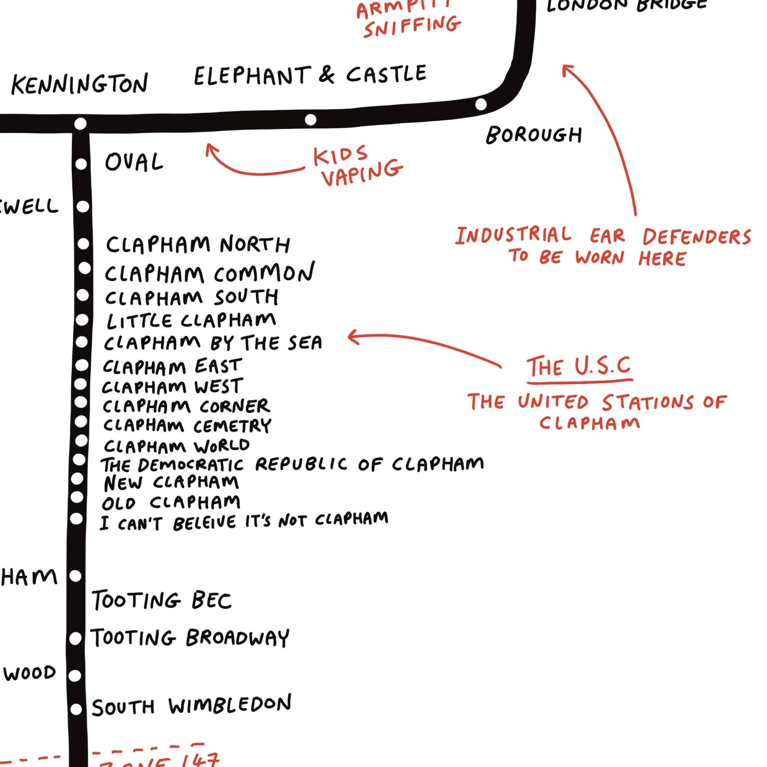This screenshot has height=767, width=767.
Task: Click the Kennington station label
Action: coord(80,84)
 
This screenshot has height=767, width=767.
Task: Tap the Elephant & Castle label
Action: coord(310,75)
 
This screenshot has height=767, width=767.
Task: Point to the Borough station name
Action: coord(534,135)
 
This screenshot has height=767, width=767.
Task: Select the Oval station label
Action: coord(134,162)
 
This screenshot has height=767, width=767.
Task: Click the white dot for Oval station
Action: coord(81,164)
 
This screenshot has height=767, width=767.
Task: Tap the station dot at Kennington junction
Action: coord(80,124)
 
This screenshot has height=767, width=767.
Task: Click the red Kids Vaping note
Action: coord(357,165)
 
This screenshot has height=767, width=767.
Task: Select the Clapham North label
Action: coord(198,245)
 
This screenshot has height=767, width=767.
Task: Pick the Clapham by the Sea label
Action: coord(213,343)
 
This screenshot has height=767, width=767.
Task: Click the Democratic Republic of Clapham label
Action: coord(292,464)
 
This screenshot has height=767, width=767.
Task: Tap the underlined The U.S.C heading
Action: coord(579,367)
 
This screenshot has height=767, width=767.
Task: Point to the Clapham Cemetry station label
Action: coord(187,426)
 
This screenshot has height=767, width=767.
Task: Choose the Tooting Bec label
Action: coord(162,600)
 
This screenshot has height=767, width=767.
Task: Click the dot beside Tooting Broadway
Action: coord(75,638)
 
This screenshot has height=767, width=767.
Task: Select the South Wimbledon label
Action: coord(192,705)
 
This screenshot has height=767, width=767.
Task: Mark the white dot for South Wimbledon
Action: coord(76,709)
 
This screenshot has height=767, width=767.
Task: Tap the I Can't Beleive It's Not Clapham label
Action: coord(244,521)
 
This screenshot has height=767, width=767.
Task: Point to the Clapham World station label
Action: coord(177,445)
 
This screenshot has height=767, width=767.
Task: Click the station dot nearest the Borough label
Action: coord(481,104)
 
